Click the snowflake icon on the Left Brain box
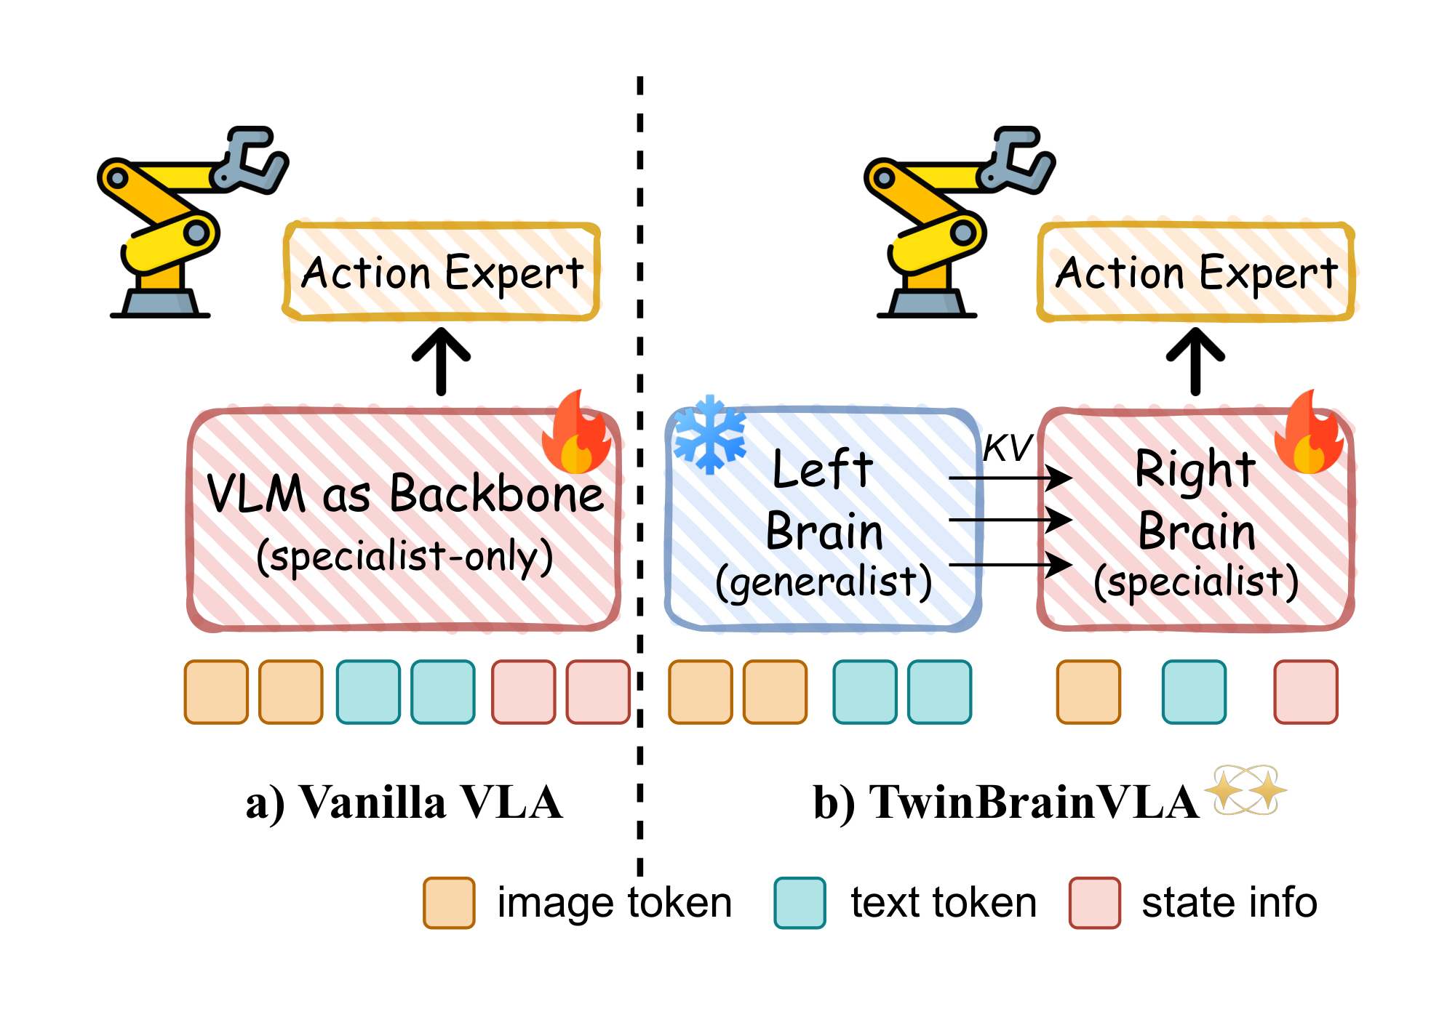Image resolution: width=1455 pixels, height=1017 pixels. click(x=709, y=434)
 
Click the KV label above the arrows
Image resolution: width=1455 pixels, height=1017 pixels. click(x=1007, y=448)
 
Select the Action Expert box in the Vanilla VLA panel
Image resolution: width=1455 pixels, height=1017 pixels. click(x=442, y=272)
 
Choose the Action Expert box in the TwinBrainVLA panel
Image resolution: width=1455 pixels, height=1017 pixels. click(x=1196, y=272)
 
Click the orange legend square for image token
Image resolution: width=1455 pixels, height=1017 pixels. click(x=449, y=903)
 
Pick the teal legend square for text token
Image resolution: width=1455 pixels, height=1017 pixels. click(x=800, y=903)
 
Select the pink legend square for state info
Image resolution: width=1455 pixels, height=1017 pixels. click(x=1094, y=903)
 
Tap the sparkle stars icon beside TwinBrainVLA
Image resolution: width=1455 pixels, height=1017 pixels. click(x=1246, y=789)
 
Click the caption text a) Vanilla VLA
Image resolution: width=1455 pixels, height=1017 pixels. click(x=404, y=803)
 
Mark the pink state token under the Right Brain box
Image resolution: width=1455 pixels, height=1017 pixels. click(x=1305, y=692)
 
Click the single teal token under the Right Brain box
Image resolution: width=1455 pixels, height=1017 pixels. click(x=1194, y=692)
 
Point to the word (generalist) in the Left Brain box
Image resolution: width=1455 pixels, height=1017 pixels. click(x=824, y=582)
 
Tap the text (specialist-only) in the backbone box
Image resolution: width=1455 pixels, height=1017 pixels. click(x=404, y=557)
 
